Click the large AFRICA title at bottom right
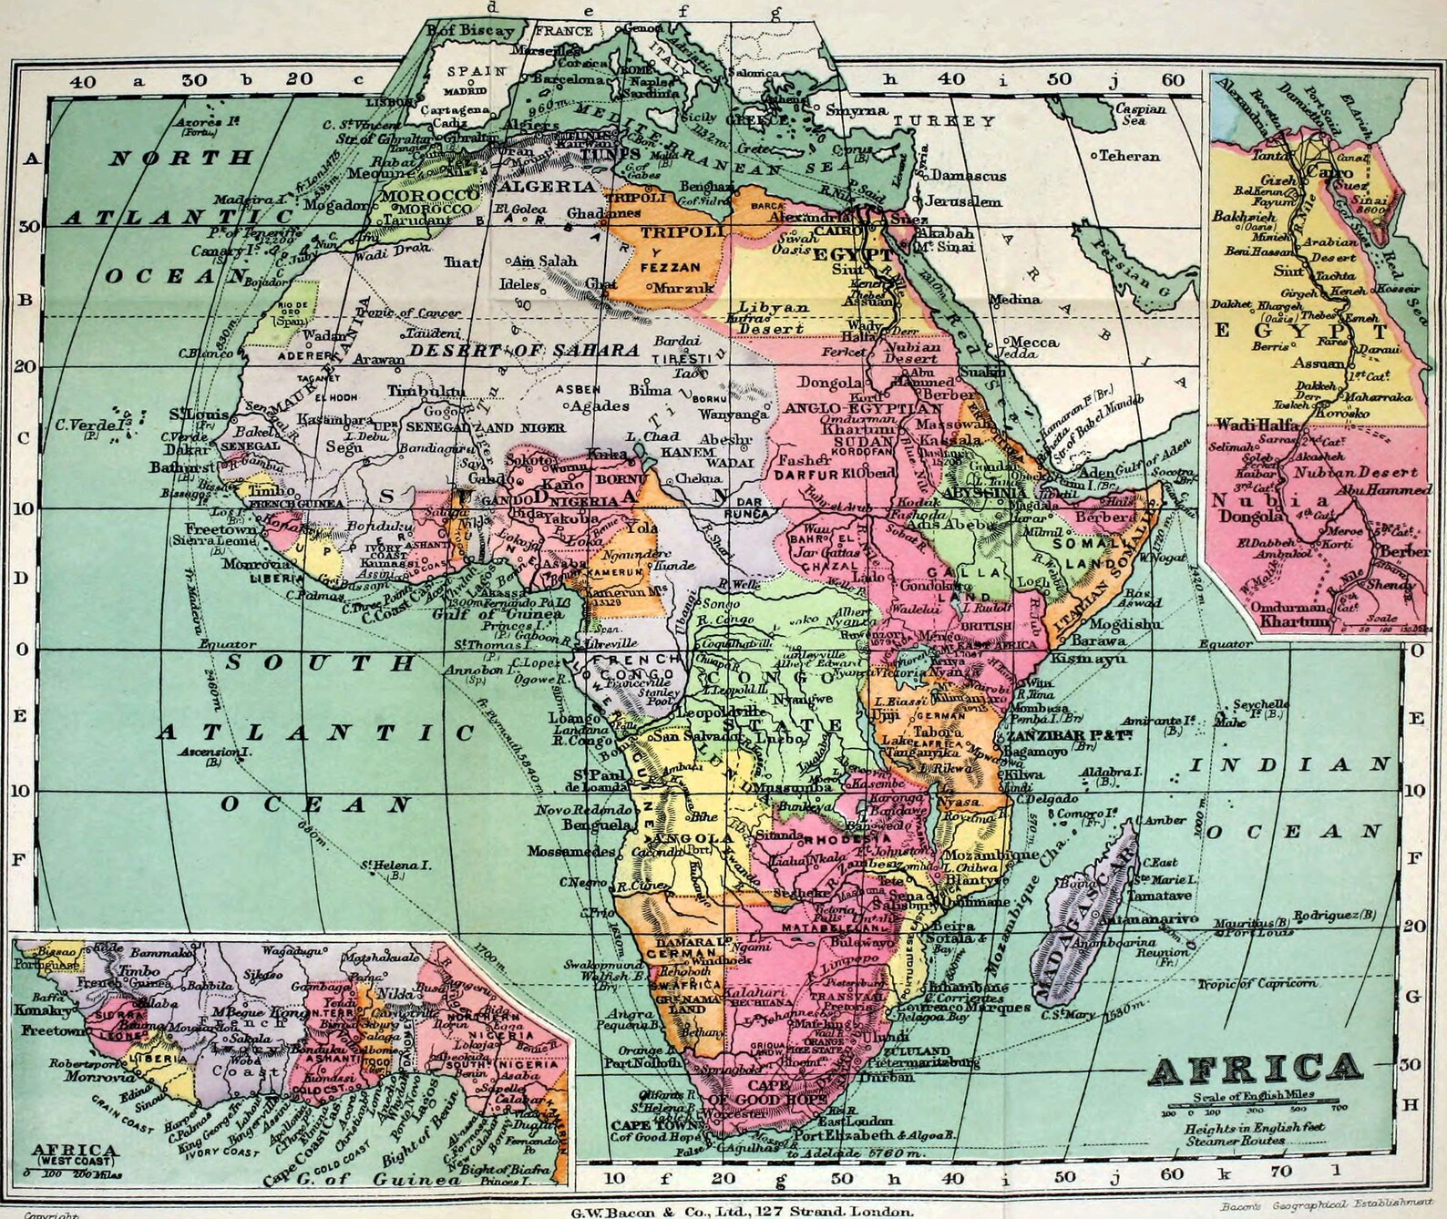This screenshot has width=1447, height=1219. (x=1256, y=1068)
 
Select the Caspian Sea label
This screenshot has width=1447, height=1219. (x=1141, y=114)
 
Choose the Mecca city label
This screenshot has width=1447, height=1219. (x=1033, y=343)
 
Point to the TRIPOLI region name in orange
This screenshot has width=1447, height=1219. (x=681, y=232)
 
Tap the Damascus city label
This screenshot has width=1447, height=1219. (x=967, y=176)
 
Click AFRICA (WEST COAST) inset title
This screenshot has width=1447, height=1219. (x=76, y=1154)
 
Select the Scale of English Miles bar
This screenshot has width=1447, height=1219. (x=1253, y=1106)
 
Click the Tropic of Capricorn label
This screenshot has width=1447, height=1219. (x=1257, y=983)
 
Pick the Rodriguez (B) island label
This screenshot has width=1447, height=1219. (x=1337, y=914)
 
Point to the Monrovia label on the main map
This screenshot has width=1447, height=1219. (x=248, y=564)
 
